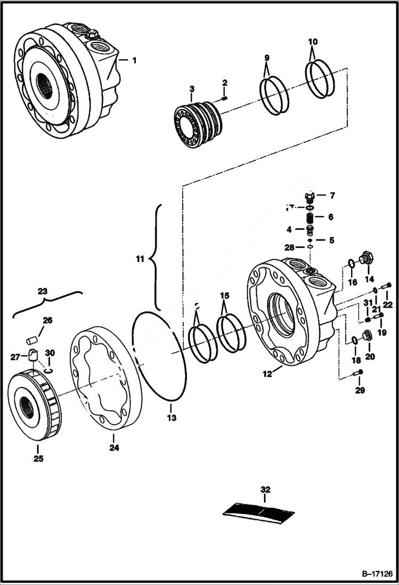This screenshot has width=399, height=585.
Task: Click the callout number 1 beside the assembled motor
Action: pos(134,60)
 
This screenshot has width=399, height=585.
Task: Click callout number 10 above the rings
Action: pos(313,41)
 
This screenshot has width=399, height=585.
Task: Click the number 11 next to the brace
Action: pos(140,260)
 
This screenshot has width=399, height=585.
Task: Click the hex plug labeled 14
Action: pos(365,259)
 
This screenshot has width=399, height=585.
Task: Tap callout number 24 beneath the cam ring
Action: pos(113,448)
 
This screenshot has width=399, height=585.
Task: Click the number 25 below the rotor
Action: pos(39,458)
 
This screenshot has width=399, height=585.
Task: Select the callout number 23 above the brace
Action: pos(43,292)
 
